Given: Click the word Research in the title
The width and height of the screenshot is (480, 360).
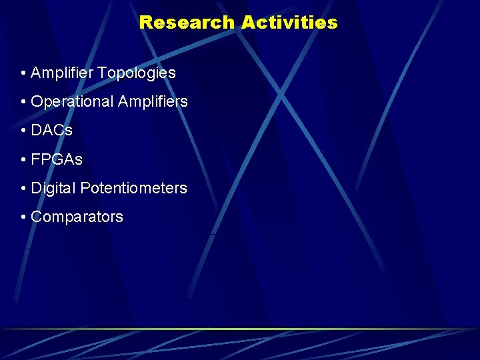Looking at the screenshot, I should click(187, 23).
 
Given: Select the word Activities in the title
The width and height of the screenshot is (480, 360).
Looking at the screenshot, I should click(289, 23).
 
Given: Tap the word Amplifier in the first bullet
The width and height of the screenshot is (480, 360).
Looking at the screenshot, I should click(62, 73).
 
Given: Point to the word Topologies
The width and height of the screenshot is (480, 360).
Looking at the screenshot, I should click(137, 73).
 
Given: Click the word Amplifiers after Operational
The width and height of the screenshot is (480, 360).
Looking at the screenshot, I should click(153, 102).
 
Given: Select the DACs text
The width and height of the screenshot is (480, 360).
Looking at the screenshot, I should click(52, 131).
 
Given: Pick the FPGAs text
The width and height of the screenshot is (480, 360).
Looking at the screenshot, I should click(57, 159).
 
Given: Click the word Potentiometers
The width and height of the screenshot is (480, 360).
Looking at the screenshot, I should click(134, 189).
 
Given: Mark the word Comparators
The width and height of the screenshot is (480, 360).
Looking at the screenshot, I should click(77, 217).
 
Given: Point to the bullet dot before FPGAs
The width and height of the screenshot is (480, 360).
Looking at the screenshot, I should click(23, 160).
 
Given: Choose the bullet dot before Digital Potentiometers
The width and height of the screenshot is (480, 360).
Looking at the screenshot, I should click(23, 189).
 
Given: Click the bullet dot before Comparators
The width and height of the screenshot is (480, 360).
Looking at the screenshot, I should click(23, 217).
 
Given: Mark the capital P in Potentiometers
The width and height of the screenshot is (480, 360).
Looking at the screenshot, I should click(85, 188).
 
